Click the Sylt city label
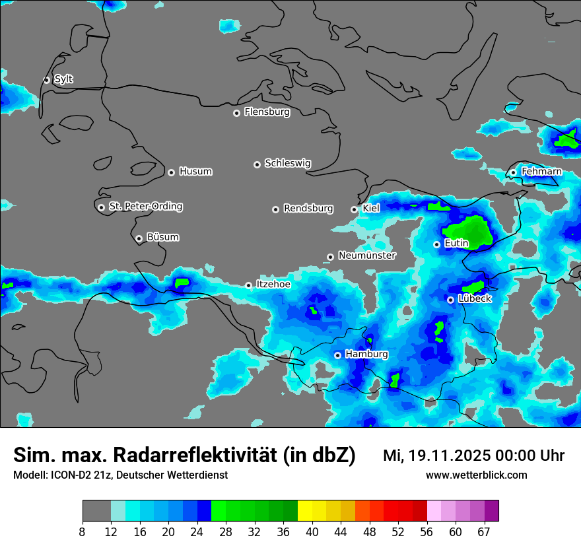pyautogui.click(x=63, y=79)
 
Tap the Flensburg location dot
pyautogui.click(x=236, y=113)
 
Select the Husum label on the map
pyautogui.click(x=195, y=172)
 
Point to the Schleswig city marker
pyautogui.click(x=257, y=164)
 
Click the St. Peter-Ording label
pyautogui.click(x=145, y=207)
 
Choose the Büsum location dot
pyautogui.click(x=139, y=239)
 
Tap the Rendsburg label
pyautogui.click(x=308, y=209)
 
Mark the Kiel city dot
pyautogui.click(x=354, y=210)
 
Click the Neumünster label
pyautogui.click(x=367, y=256)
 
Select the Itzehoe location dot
pyautogui.click(x=248, y=285)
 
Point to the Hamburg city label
pyautogui.click(x=366, y=355)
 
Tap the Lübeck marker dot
pyautogui.click(x=450, y=300)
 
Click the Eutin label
pyautogui.click(x=456, y=244)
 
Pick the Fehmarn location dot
pyautogui.click(x=513, y=173)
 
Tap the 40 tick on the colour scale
pyautogui.click(x=312, y=531)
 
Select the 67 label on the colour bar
pyautogui.click(x=485, y=532)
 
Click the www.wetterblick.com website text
pyautogui.click(x=477, y=475)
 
